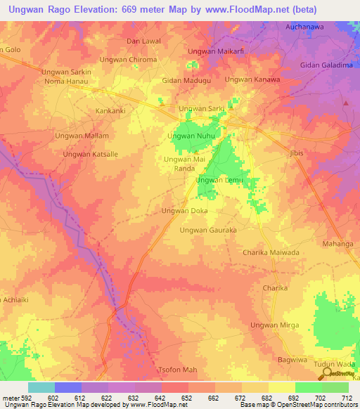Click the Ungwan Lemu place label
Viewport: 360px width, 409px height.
219,180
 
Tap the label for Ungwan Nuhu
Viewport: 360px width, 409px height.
191,135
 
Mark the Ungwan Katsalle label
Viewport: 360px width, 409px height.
90,154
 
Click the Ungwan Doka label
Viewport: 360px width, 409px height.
184,210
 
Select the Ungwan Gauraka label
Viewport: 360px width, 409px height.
207,230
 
